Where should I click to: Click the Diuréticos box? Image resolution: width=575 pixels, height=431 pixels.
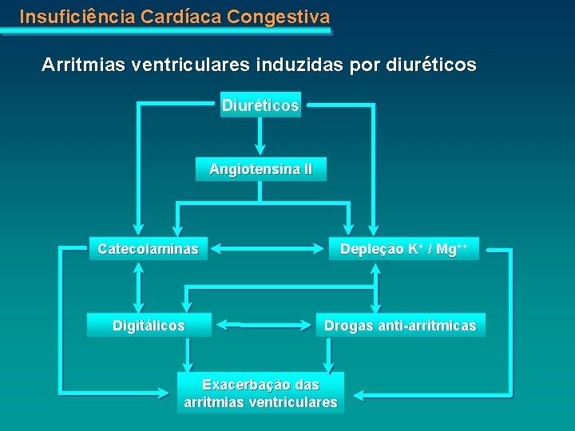point(260,105)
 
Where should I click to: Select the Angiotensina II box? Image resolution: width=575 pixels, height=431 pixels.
point(261,170)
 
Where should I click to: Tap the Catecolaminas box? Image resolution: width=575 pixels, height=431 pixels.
point(148,249)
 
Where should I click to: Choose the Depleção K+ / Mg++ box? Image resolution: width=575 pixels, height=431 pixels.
point(403,249)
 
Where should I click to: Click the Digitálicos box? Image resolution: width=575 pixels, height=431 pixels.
point(149,326)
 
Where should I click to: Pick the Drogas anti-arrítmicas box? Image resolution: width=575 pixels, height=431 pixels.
point(400,326)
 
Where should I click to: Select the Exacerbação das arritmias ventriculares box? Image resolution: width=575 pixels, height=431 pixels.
point(260,393)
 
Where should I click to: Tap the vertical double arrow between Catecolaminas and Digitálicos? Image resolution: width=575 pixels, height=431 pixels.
point(141,287)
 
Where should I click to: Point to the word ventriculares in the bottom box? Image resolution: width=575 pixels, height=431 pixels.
point(294,402)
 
